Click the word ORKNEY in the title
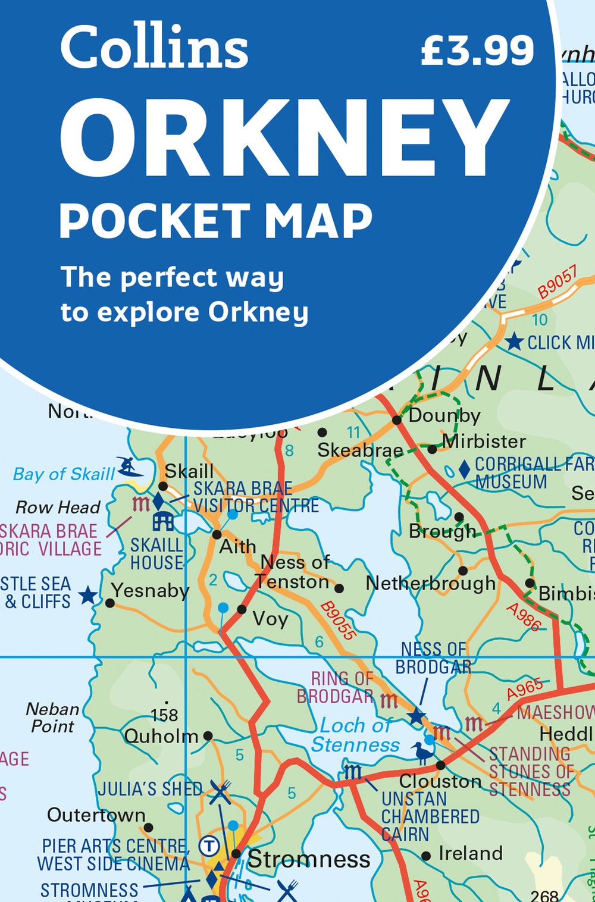[x=284, y=138]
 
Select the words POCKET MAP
[x=215, y=221]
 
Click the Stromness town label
[x=309, y=859]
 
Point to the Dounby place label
[x=444, y=415]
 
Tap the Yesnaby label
[x=150, y=590]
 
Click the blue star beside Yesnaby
[x=88, y=594]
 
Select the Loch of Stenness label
[x=355, y=735]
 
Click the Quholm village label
[x=161, y=736]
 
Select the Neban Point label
[x=52, y=718]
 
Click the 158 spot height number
[x=164, y=715]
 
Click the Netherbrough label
[x=430, y=584]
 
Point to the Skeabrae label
[x=360, y=450]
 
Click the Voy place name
[x=270, y=619]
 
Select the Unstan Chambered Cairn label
[x=430, y=816]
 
